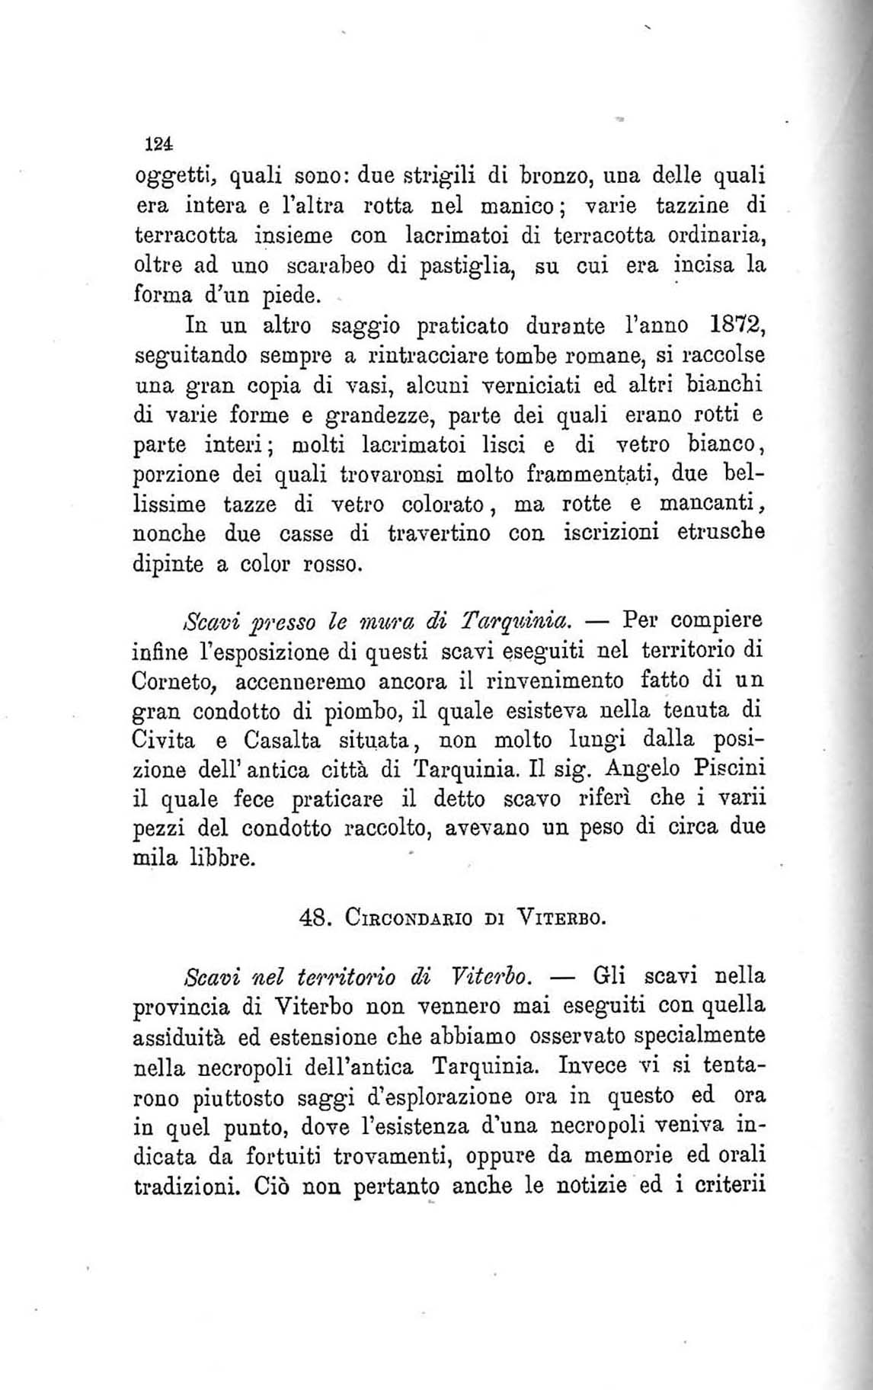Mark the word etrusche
pyautogui.click(x=721, y=533)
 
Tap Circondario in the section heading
pyautogui.click(x=409, y=918)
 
